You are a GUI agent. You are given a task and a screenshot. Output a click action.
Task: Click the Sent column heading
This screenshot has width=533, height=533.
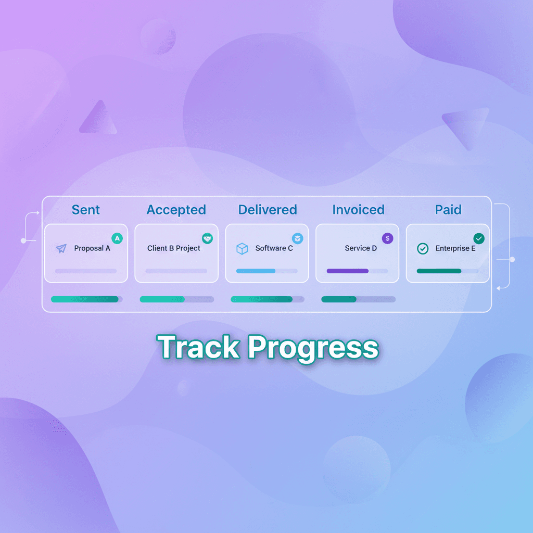pos(86,210)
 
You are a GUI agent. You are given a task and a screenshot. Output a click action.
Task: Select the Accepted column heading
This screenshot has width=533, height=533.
pos(176,210)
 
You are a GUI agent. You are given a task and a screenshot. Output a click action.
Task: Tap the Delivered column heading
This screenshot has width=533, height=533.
pos(268,210)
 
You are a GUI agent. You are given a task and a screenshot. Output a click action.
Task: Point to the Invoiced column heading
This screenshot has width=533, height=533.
pos(358,210)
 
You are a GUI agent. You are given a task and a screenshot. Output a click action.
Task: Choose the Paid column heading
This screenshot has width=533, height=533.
pos(448,210)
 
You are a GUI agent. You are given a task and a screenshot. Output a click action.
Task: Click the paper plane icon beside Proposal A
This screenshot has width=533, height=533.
pos(61,249)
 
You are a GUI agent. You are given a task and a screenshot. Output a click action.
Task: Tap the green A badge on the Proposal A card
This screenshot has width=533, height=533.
pos(117,238)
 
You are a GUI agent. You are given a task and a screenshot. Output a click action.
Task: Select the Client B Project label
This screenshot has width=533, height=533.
pos(174,248)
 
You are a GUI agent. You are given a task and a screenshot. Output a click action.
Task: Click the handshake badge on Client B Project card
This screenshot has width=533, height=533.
pos(207,238)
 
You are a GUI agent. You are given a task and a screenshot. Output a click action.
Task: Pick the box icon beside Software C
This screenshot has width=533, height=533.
pos(242,249)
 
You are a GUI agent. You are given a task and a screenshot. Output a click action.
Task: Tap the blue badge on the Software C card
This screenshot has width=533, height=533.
pos(297,238)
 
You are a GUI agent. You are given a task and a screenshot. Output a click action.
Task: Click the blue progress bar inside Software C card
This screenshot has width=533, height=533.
pos(256,271)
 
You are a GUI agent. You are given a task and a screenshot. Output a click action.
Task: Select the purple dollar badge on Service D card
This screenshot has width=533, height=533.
pos(388,238)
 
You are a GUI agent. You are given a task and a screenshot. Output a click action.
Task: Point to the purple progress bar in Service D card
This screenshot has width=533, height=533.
pos(348,271)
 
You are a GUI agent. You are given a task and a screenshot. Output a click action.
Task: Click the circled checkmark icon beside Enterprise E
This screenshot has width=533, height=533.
pos(423,249)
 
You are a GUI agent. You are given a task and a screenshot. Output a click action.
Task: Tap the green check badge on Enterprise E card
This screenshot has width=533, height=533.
pos(479,238)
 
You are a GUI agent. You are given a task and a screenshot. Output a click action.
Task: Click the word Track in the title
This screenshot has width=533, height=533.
pos(198,347)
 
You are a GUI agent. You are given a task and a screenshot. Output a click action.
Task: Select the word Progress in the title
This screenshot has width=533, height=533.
pos(312,347)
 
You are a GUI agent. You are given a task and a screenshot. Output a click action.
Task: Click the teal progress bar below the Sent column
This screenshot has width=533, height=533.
pos(85,299)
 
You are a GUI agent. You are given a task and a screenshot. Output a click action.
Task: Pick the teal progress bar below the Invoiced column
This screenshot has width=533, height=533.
pos(339,299)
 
